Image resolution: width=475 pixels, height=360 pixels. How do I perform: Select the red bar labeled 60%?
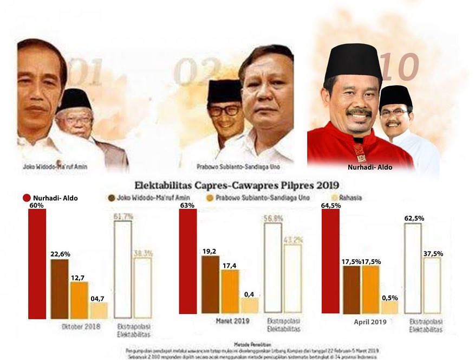tap(37, 264)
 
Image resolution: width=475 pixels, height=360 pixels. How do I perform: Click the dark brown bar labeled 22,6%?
tap(60, 289)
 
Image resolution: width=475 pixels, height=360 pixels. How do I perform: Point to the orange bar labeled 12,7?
tap(79, 300)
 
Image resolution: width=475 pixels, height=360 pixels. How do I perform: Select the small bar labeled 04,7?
tap(99, 310)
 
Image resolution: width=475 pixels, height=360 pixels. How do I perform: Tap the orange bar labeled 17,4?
tap(230, 291)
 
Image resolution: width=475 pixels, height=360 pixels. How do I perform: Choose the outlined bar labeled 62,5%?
tap(413, 270)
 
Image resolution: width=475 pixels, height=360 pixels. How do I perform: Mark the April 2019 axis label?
tap(370, 322)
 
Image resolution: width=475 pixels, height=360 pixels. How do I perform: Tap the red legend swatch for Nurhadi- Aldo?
tap(27, 198)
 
